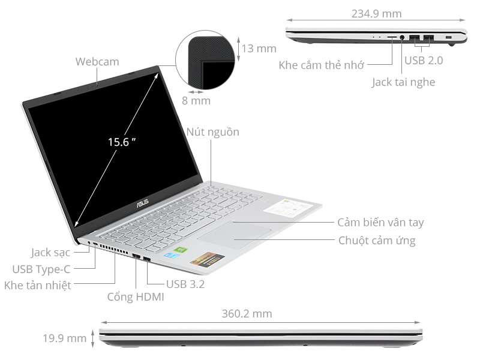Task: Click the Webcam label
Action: click(x=97, y=62)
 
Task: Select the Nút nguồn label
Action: click(x=212, y=132)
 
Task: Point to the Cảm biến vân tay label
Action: click(x=380, y=223)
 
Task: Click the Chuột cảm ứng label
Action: click(x=377, y=241)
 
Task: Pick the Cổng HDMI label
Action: click(x=136, y=297)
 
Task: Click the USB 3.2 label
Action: click(x=185, y=284)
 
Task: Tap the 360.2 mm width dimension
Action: click(x=247, y=313)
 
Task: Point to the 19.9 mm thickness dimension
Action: click(x=64, y=338)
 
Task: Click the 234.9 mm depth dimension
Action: click(x=377, y=14)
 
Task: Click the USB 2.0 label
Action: click(x=424, y=61)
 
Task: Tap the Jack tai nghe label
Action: click(x=403, y=82)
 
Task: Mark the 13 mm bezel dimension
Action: click(x=259, y=49)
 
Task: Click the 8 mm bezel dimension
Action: click(x=196, y=101)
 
